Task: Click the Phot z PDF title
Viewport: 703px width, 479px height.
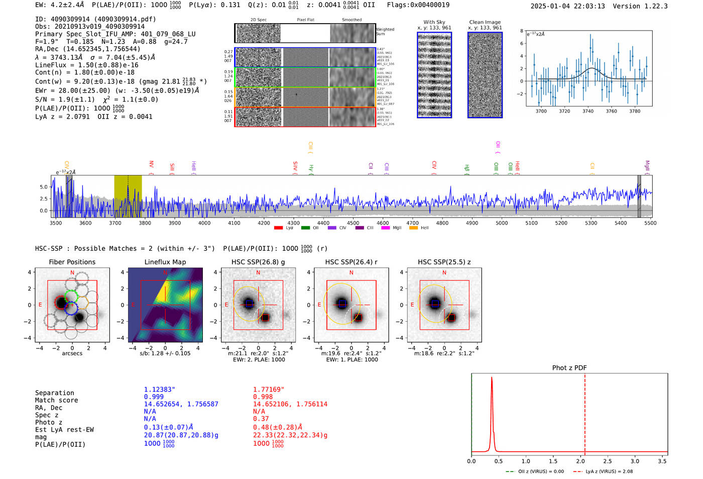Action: click(569, 368)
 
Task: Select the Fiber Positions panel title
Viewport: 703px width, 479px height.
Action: click(72, 262)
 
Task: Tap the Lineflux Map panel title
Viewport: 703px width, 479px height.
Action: click(165, 262)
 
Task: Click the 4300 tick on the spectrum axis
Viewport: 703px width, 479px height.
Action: click(293, 223)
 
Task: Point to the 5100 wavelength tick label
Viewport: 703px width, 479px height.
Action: click(531, 223)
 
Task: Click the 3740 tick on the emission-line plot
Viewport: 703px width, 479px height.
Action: click(588, 111)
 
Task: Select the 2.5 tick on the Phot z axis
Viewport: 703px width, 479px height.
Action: click(608, 461)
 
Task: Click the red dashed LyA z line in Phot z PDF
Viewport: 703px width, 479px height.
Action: click(585, 412)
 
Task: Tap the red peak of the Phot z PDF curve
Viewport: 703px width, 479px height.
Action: click(492, 378)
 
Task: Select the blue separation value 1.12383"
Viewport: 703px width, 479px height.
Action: click(159, 390)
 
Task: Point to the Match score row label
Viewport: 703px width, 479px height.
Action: click(56, 401)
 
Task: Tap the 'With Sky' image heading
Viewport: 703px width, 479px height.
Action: click(434, 22)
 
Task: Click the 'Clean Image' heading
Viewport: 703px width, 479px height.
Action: click(485, 22)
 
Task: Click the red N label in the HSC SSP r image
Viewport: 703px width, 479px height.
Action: click(351, 273)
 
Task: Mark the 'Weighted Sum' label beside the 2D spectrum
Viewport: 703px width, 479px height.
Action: click(385, 31)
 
